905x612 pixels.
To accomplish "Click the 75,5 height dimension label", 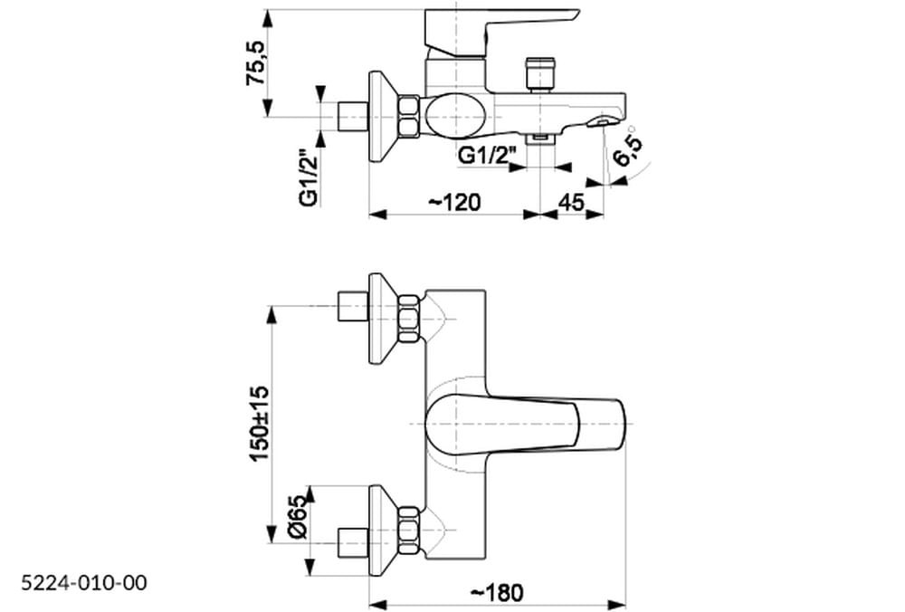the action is pos(256,63).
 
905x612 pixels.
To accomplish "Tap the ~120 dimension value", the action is pos(454,202).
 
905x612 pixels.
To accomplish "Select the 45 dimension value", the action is pos(572,202).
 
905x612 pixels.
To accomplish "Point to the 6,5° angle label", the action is pos(627,147).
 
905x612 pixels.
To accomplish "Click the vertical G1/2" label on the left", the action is pos(310,177).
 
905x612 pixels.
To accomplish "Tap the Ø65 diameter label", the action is pos(298,517).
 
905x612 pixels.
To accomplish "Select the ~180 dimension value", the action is pos(497,592).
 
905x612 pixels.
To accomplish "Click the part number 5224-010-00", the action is pos(84,582).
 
